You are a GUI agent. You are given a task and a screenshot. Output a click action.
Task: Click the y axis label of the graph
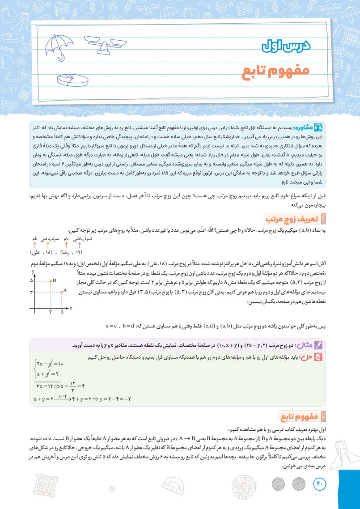click(x=34, y=271)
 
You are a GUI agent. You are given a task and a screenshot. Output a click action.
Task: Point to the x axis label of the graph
click(x=71, y=309)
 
